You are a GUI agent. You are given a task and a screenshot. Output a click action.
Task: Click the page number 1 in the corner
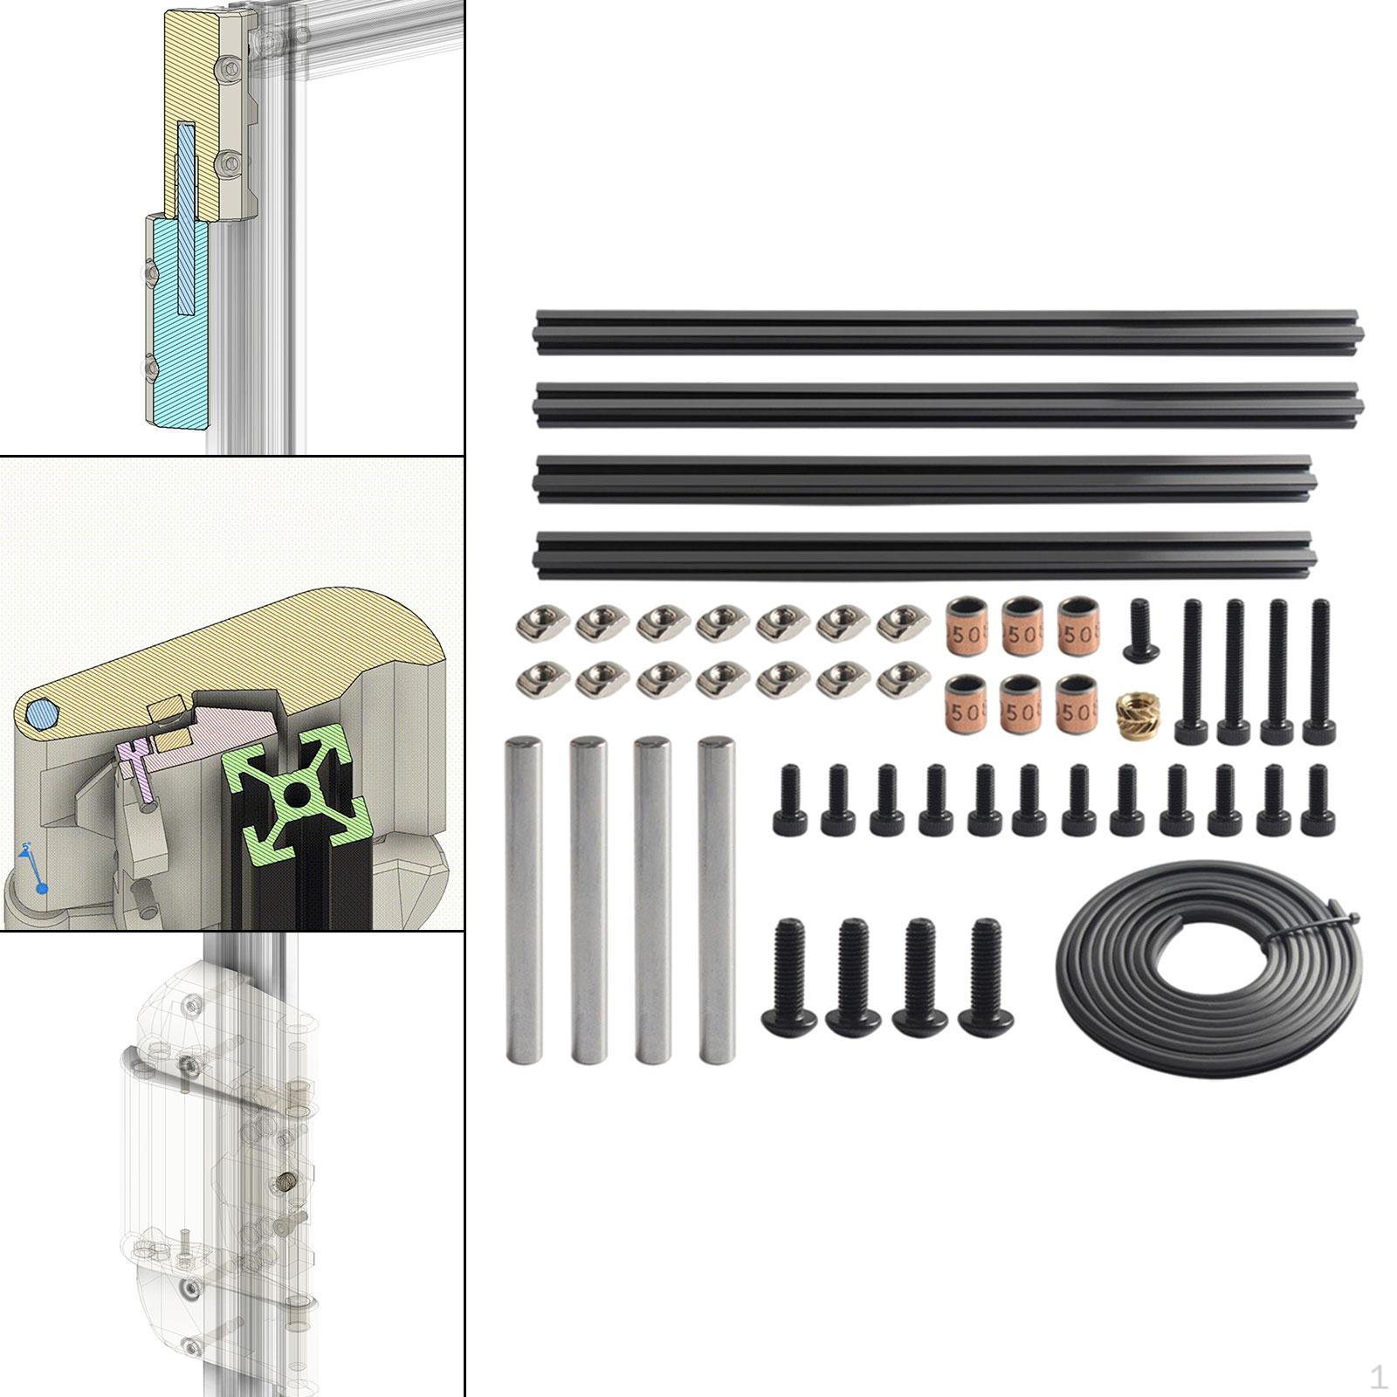point(1378,1378)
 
